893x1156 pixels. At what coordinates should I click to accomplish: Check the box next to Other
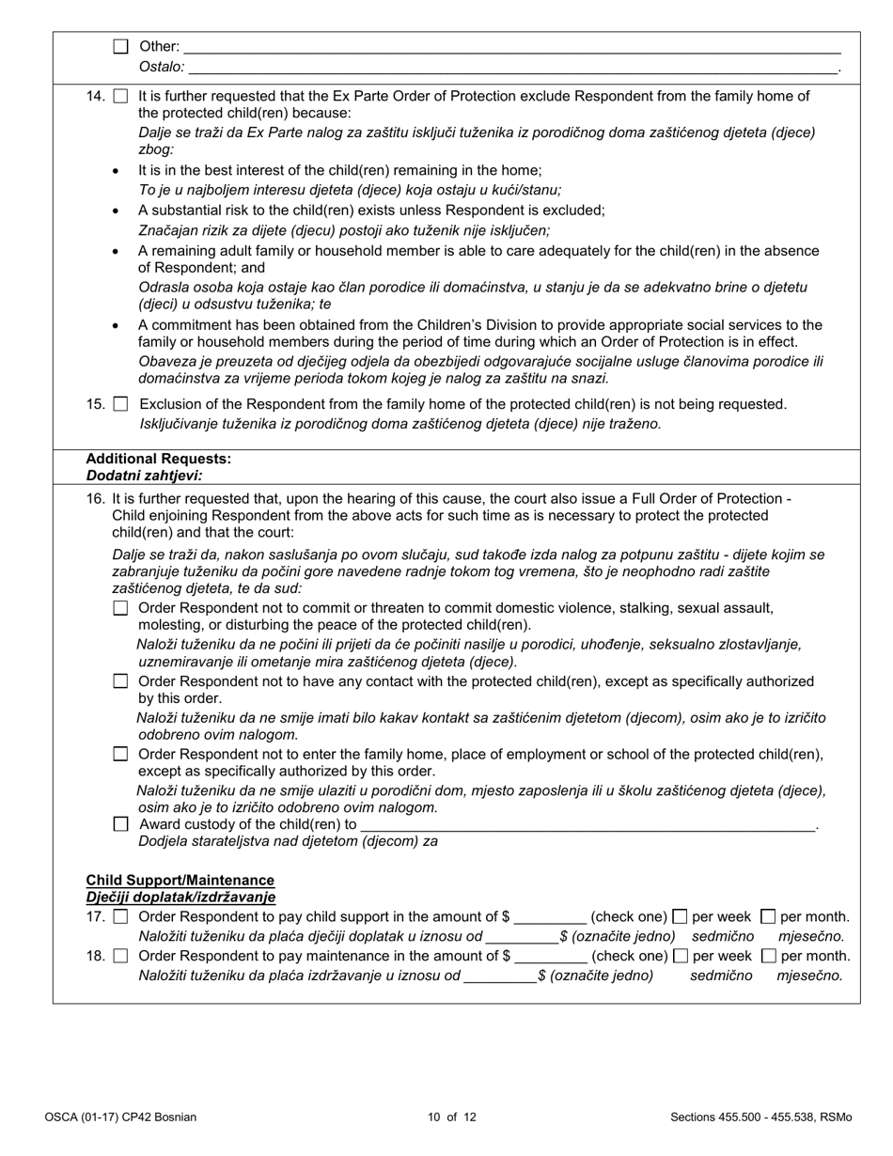[x=120, y=46]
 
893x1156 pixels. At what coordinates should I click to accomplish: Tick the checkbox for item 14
[x=120, y=96]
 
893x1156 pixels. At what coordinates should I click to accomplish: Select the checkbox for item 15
[x=120, y=404]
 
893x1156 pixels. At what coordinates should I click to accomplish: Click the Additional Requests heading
[x=158, y=459]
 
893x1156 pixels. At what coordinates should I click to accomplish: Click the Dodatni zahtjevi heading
[x=144, y=476]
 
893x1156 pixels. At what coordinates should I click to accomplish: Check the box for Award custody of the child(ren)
[x=120, y=824]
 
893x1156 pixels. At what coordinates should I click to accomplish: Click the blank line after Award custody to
[x=587, y=825]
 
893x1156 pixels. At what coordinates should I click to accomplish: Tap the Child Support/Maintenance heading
[x=180, y=880]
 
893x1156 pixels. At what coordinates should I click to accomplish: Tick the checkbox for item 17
[x=120, y=916]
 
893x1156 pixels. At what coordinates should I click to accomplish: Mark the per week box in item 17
[x=681, y=916]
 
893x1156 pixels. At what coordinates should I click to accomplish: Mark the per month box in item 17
[x=768, y=916]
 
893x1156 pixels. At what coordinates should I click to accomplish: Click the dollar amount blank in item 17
[x=551, y=917]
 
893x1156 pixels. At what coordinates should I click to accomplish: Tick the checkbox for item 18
[x=120, y=956]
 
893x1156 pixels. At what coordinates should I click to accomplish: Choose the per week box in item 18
[x=681, y=956]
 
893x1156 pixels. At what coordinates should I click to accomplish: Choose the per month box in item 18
[x=768, y=956]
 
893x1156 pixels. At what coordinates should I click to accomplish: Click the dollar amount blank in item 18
[x=551, y=957]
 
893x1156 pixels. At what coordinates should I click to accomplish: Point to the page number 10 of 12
[x=451, y=1117]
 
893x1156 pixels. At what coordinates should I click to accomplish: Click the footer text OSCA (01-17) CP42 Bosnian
[x=120, y=1117]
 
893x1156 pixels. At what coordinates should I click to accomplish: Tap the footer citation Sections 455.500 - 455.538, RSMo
[x=760, y=1117]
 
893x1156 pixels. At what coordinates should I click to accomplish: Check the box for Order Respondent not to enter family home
[x=120, y=754]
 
